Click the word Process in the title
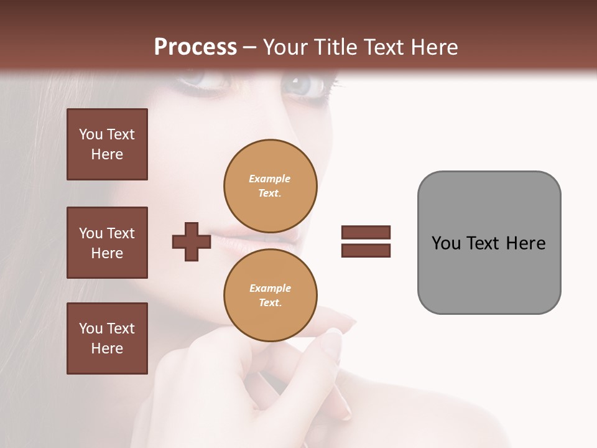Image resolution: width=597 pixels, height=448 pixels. click(x=195, y=47)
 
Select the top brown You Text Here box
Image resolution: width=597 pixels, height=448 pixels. click(x=107, y=144)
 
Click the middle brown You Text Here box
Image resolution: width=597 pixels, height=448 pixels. click(x=107, y=243)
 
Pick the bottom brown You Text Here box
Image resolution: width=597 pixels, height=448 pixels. click(x=107, y=338)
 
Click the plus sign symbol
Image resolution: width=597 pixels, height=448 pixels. click(x=192, y=241)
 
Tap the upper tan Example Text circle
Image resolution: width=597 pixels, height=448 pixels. click(x=271, y=186)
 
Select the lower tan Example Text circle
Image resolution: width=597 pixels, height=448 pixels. click(x=271, y=296)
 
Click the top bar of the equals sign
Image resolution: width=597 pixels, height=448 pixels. click(x=366, y=232)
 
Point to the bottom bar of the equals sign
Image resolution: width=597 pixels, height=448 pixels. click(x=366, y=250)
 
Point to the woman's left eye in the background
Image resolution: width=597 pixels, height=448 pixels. click(x=305, y=85)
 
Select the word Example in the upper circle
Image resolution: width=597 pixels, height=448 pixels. click(x=270, y=179)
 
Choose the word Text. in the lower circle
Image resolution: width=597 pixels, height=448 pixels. click(x=271, y=302)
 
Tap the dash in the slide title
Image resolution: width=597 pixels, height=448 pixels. click(x=250, y=47)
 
